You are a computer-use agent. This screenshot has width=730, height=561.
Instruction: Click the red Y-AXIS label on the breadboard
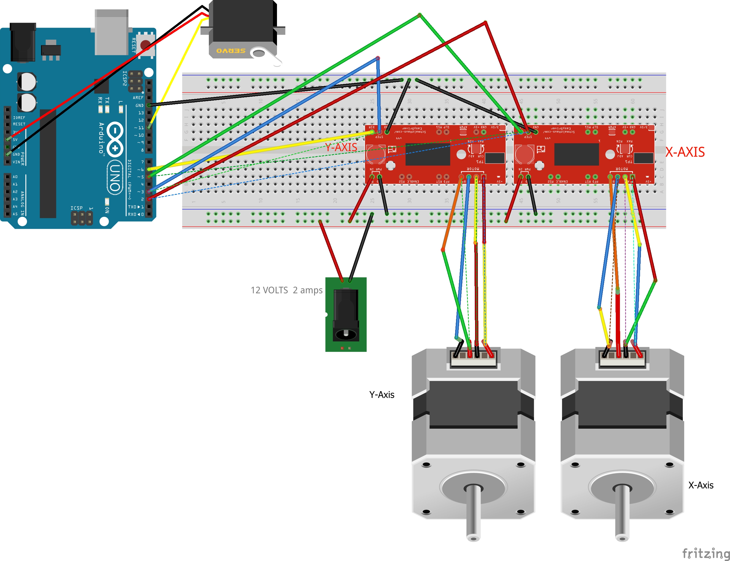coord(341,147)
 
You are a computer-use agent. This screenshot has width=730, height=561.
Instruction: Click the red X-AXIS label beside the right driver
coord(685,152)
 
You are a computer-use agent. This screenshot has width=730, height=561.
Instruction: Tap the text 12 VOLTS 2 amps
coord(286,290)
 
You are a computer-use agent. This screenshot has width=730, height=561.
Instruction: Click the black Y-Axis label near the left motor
coord(382,395)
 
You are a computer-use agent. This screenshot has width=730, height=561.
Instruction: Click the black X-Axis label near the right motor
coord(701,485)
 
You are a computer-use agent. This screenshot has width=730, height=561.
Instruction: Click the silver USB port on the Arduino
coord(111,32)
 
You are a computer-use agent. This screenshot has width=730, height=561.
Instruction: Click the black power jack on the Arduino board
coord(23,42)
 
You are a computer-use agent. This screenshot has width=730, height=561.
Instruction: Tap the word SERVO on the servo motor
coord(231,51)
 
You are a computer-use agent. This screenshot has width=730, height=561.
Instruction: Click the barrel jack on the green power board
coord(346,315)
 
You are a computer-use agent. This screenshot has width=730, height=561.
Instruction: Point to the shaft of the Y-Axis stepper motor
coord(473,511)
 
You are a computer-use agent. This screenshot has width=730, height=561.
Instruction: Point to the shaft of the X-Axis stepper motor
coord(622,511)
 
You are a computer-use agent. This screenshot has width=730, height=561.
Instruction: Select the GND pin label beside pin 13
coord(139,106)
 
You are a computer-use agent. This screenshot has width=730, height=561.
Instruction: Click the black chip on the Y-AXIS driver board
coord(428,154)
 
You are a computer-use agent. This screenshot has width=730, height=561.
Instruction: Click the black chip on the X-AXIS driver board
coord(576,154)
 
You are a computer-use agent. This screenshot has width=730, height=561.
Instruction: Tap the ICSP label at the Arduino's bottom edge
coord(76,208)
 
